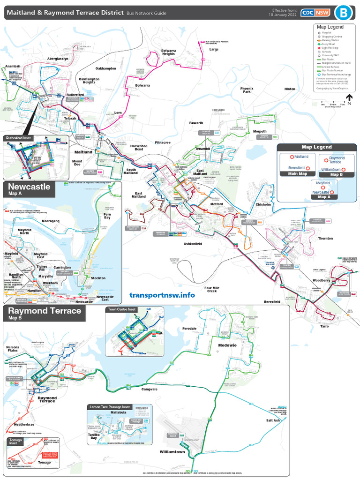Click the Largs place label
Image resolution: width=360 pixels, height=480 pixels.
pyautogui.click(x=214, y=49)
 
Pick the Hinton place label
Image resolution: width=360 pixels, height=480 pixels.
pyautogui.click(x=290, y=89)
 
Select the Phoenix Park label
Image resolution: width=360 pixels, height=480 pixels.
pyautogui.click(x=247, y=90)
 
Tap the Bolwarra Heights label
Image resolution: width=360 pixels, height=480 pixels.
pyautogui.click(x=168, y=52)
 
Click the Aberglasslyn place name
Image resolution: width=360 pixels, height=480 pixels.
pyautogui.click(x=58, y=59)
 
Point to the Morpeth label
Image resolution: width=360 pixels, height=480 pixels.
pyautogui.click(x=260, y=132)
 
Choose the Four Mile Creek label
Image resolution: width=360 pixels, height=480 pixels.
pyautogui.click(x=212, y=289)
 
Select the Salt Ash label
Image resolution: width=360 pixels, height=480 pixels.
pyautogui.click(x=273, y=420)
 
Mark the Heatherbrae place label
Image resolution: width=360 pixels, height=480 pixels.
pyautogui.click(x=21, y=424)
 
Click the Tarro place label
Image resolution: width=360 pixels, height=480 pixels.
pyautogui.click(x=324, y=326)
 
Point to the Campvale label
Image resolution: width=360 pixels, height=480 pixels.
pyautogui.click(x=150, y=389)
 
